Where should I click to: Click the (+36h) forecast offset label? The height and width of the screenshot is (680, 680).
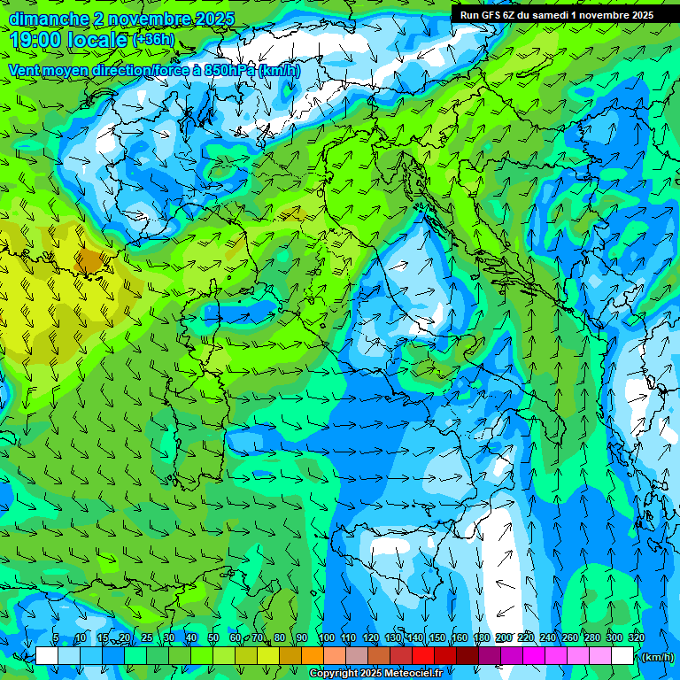pos(153,40)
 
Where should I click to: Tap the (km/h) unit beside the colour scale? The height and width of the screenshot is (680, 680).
pos(656,657)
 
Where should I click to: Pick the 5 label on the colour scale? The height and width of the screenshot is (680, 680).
pos(56,638)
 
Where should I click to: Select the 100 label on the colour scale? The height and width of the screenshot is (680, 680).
pos(326,638)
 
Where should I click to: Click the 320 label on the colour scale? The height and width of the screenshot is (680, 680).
pos(637,638)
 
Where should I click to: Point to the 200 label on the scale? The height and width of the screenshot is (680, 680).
pos(504,638)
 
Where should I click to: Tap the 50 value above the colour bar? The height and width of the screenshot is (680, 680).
pos(213,638)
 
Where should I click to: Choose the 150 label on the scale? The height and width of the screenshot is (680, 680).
pos(437,638)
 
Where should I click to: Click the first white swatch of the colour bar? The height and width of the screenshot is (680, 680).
pos(47,656)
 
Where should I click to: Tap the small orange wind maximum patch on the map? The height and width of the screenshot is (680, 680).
pos(89,259)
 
